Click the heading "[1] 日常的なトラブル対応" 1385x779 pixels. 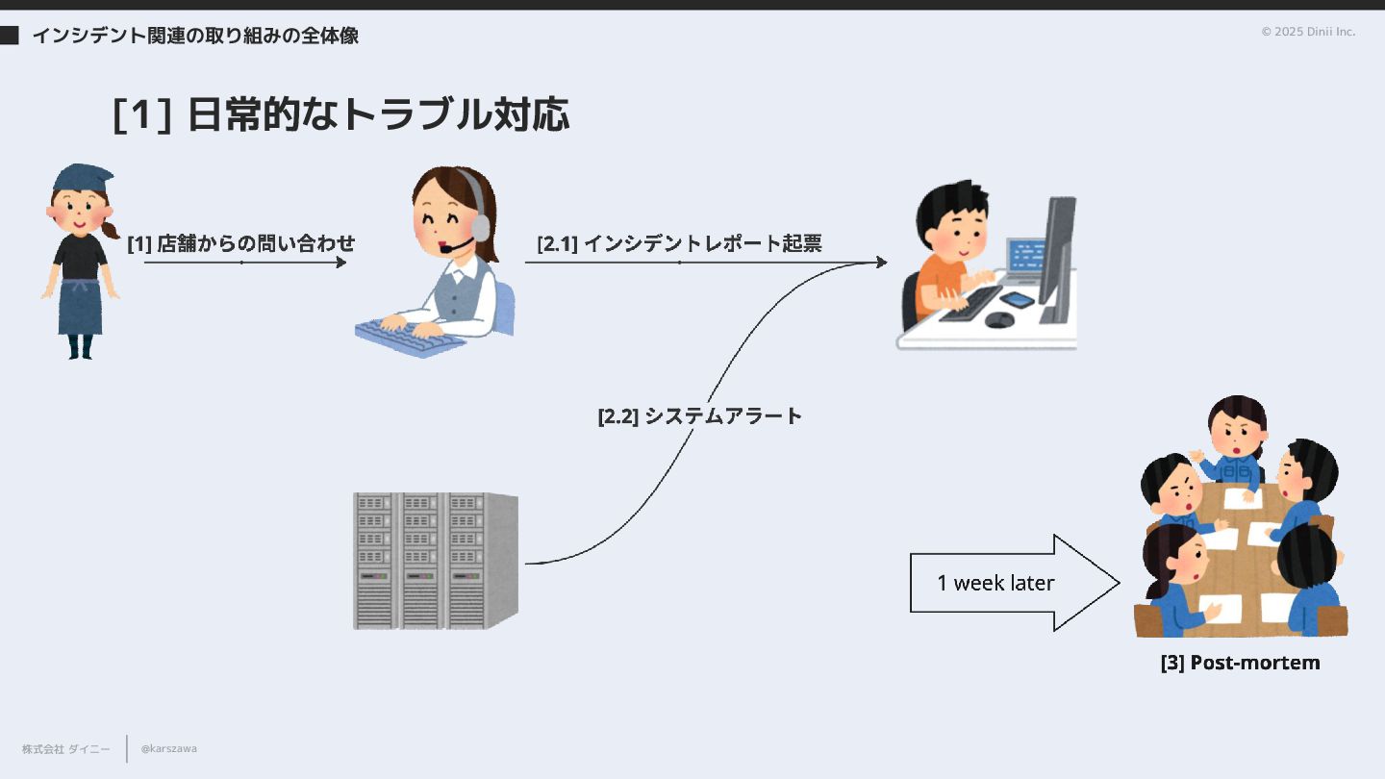[340, 114]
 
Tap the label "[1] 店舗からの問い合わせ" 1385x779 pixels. [241, 243]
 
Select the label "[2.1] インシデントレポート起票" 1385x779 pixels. [679, 243]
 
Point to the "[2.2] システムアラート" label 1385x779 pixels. [699, 416]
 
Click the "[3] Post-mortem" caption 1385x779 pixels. [1240, 663]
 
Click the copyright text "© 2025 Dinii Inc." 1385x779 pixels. [1308, 32]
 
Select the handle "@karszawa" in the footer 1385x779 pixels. [169, 748]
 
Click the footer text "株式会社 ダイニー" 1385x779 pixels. [66, 748]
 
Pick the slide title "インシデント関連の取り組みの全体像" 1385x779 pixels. [195, 37]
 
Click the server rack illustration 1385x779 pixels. [435, 561]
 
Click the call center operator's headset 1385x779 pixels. [477, 207]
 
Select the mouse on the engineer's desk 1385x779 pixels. [999, 319]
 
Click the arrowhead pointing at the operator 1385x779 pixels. [341, 262]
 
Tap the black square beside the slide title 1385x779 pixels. [9, 37]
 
